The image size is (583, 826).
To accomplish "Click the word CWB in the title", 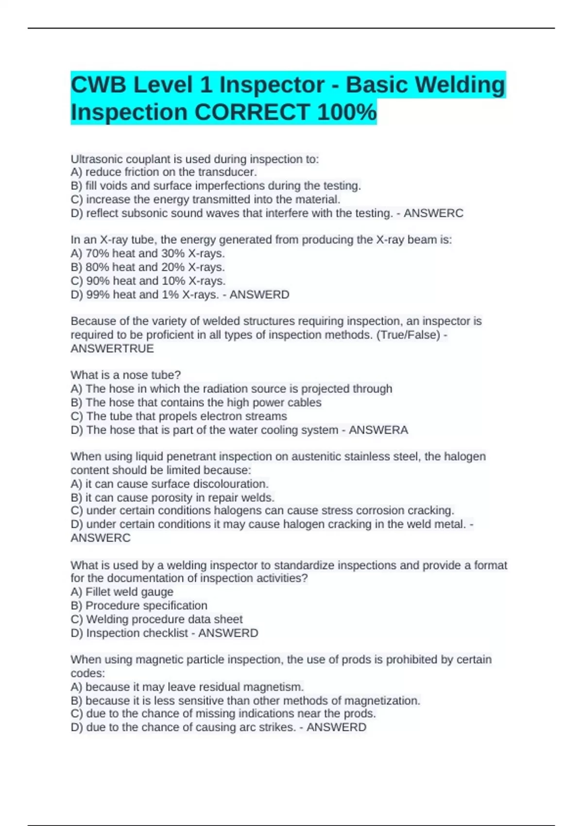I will (99, 85).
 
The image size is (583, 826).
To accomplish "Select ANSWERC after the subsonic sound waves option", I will (433, 213).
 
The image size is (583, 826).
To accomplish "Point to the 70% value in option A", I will (97, 253).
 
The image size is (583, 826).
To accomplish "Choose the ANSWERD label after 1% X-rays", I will (259, 294).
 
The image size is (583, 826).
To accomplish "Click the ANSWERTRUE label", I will (112, 348).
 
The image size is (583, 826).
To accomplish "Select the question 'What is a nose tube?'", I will (125, 375).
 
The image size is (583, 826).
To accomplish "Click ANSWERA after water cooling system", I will (378, 430).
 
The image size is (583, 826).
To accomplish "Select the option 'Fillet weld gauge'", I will (129, 592).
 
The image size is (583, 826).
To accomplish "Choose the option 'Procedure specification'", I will (146, 605).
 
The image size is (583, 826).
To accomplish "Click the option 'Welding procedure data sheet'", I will (164, 619).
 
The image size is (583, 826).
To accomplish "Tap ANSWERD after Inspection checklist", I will (228, 633).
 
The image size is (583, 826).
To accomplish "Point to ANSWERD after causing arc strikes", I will (336, 727).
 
